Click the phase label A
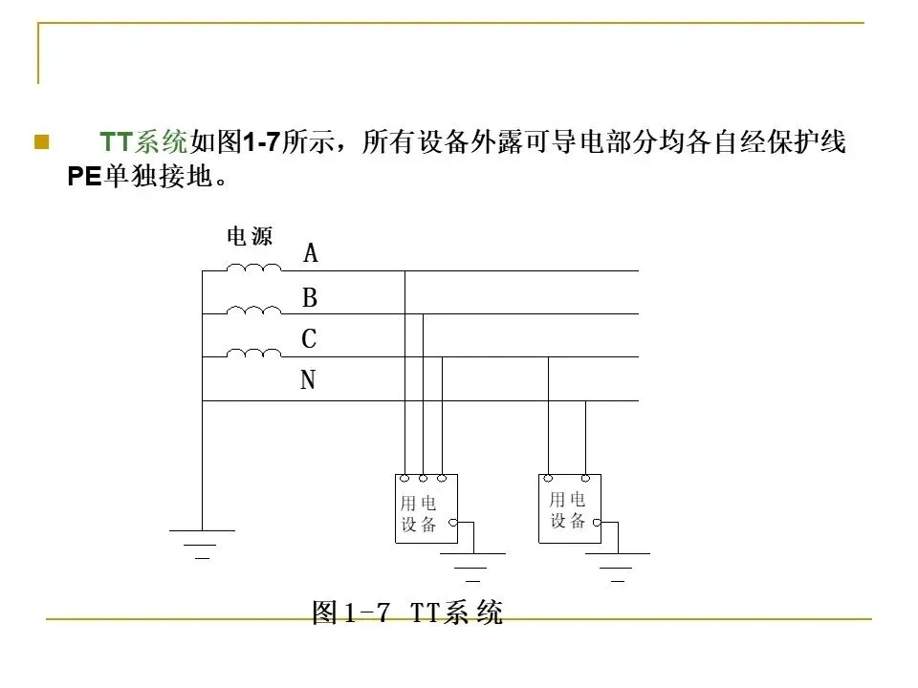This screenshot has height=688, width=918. (x=311, y=253)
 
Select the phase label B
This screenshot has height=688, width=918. (x=310, y=299)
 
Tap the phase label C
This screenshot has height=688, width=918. (x=309, y=339)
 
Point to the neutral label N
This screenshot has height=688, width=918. (x=308, y=381)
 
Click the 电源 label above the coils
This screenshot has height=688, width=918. (x=250, y=236)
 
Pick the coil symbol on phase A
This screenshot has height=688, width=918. (x=253, y=268)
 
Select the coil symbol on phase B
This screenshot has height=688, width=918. (x=253, y=310)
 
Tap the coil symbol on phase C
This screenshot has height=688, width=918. (x=253, y=353)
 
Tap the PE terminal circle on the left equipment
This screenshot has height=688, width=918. (x=453, y=523)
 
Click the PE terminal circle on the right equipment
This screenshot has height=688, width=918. (x=597, y=523)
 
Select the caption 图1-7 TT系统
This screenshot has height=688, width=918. (x=407, y=613)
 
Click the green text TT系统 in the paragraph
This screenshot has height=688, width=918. (x=144, y=143)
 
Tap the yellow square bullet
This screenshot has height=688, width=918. (x=41, y=143)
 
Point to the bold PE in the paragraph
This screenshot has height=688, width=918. (x=84, y=177)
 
